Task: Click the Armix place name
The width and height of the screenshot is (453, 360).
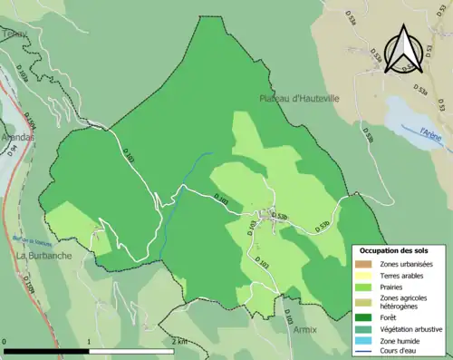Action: click(x=305, y=329)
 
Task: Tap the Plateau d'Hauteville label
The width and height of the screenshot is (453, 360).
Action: click(x=298, y=98)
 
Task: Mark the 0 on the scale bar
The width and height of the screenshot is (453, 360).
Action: click(x=5, y=341)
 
